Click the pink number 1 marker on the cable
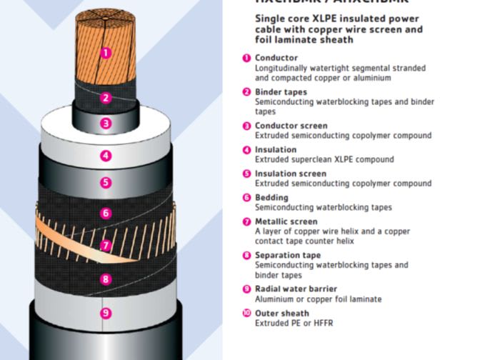pyautogui.click(x=105, y=52)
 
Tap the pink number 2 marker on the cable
pyautogui.click(x=106, y=98)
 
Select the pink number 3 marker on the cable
pyautogui.click(x=106, y=124)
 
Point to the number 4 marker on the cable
pyautogui.click(x=106, y=156)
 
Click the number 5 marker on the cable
pyautogui.click(x=106, y=183)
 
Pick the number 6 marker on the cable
pyautogui.click(x=106, y=214)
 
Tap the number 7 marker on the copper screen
pyautogui.click(x=106, y=246)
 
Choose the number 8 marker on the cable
pyautogui.click(x=106, y=279)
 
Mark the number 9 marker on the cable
pyautogui.click(x=106, y=313)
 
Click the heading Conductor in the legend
pyautogui.click(x=276, y=58)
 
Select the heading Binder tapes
pyautogui.click(x=281, y=92)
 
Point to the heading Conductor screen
pyautogui.click(x=291, y=126)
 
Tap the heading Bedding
pyautogui.click(x=271, y=198)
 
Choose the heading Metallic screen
pyautogui.click(x=286, y=221)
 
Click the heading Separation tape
pyautogui.click(x=288, y=255)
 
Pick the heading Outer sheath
pyautogui.click(x=282, y=313)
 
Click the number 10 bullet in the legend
pyautogui.click(x=246, y=313)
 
